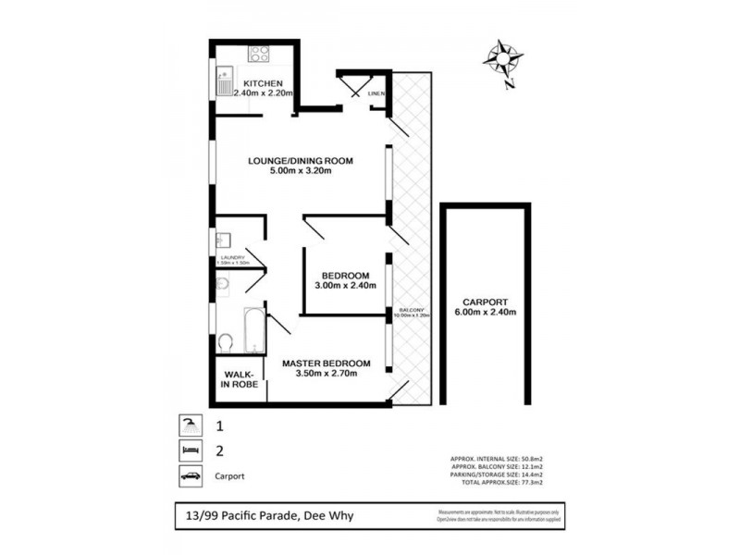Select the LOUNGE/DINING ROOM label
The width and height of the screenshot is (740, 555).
coord(301,160)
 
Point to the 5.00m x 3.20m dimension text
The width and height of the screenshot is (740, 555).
coord(301,171)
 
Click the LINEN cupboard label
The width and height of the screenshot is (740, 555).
coord(376,94)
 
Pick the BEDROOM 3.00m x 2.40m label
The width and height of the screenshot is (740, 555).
coord(346,280)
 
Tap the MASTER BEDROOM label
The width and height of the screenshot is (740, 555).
coord(327,362)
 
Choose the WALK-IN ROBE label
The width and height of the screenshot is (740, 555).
coord(238,379)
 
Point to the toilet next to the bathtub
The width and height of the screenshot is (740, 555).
coord(225,342)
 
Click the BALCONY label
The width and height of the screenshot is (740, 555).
coord(412,310)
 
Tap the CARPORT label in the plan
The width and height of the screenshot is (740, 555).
coord(485,302)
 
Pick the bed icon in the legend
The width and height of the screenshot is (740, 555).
coord(189,452)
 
